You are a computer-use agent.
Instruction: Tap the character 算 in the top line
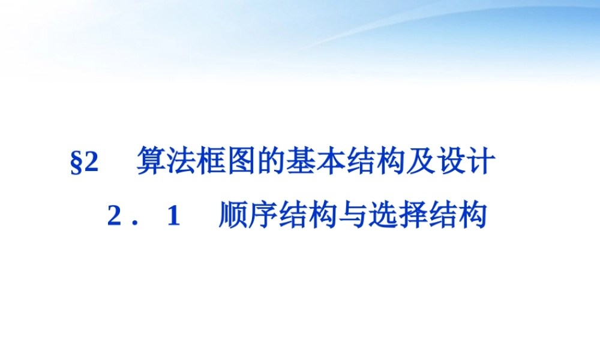pos(151,162)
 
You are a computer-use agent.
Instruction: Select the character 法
pos(181,162)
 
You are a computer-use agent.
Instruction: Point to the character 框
pos(211,162)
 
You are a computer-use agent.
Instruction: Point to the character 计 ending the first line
pos(481,162)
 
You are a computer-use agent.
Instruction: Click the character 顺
pos(233,216)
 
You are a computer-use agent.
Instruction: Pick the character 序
pos(263,216)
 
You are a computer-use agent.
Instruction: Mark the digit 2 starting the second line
pos(113,217)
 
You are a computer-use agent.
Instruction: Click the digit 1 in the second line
pos(174,217)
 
